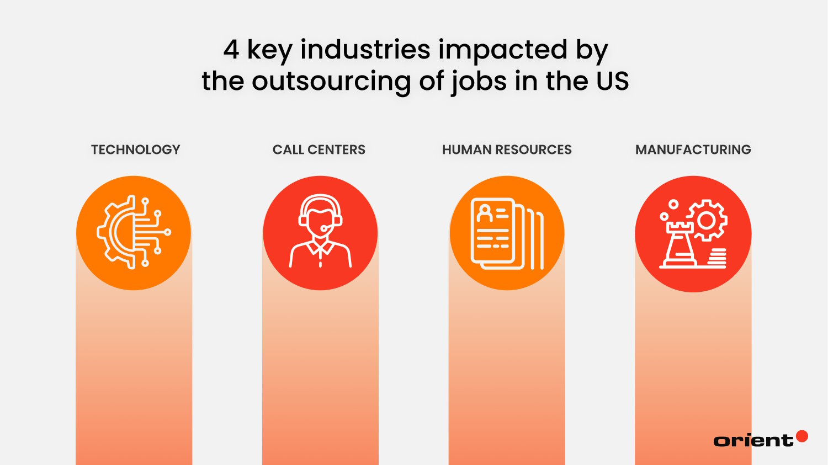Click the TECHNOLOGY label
135,149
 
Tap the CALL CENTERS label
319,149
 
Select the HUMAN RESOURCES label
507,149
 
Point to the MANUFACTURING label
693,149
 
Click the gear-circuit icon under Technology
134,232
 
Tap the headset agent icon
320,231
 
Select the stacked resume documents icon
507,233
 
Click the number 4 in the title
231,50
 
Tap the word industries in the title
365,50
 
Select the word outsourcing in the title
331,82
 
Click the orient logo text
753,440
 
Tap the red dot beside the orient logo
802,436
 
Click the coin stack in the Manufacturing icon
716,258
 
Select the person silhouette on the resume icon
485,212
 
